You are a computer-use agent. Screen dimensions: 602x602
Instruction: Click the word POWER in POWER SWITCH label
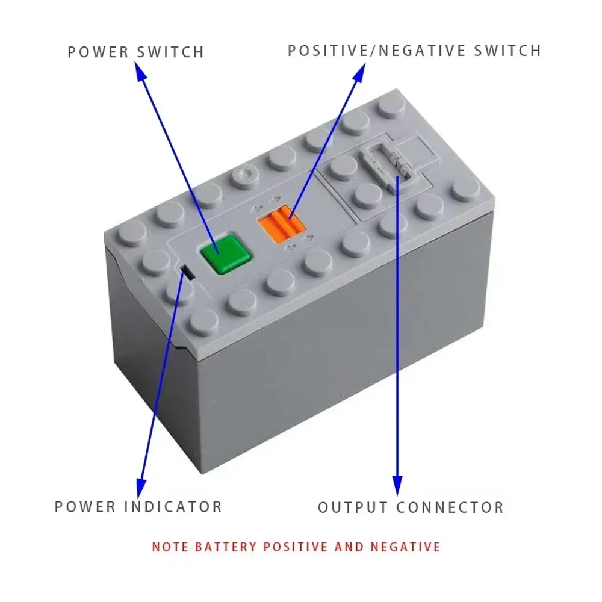(x=98, y=52)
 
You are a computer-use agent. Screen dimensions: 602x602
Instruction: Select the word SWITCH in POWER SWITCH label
(x=170, y=52)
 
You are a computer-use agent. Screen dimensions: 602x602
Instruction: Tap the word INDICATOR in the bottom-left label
(x=173, y=506)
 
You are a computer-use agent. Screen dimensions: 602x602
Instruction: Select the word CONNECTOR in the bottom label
(x=449, y=507)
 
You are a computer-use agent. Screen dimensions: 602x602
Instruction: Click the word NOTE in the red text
(x=170, y=547)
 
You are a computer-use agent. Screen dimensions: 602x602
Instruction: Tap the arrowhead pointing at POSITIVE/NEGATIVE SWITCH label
(x=359, y=72)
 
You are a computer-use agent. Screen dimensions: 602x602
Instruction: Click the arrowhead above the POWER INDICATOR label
(x=141, y=485)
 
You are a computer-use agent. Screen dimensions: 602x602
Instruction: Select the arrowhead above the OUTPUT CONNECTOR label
(x=397, y=484)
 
